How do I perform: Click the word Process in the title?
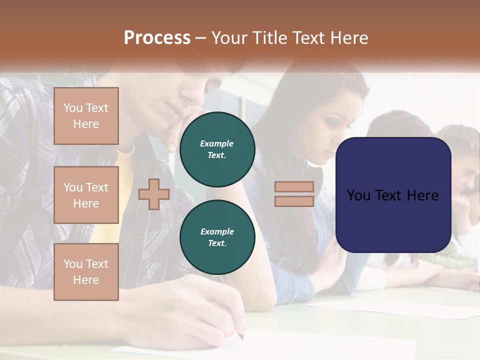pos(157,38)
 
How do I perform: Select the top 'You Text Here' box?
pos(86,116)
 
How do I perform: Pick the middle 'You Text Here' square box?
pos(86,195)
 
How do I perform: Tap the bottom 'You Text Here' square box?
pos(86,271)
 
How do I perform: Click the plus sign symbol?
pos(153,194)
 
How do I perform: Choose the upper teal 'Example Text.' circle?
pos(217,149)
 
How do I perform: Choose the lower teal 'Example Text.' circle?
pos(217,237)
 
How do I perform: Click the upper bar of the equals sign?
pos(294,187)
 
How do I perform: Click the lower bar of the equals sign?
pos(294,201)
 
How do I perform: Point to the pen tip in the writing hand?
pos(241,336)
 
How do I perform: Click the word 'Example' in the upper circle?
pos(217,143)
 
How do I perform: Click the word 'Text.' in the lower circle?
pos(217,243)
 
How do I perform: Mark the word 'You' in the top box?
pos(73,108)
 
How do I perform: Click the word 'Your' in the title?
pos(232,38)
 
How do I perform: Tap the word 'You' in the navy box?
pos(359,195)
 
